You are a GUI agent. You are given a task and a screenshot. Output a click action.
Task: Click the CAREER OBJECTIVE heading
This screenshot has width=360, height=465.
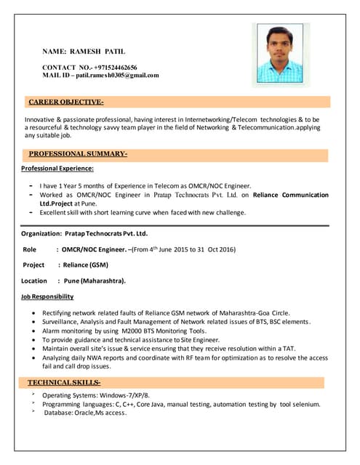click(x=65, y=102)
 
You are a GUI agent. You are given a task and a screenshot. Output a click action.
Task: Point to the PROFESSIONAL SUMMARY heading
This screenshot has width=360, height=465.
click(x=78, y=154)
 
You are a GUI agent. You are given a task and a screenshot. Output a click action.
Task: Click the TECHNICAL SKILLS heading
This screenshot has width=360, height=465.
click(x=64, y=381)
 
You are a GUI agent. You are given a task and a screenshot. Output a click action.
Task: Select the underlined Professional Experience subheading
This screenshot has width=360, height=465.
click(x=57, y=169)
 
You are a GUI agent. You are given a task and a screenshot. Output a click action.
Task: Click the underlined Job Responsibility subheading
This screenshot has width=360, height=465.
click(x=47, y=296)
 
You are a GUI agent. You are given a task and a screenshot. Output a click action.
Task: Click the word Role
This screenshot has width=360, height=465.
click(x=30, y=249)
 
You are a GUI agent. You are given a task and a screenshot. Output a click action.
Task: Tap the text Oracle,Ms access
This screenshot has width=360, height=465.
click(x=97, y=413)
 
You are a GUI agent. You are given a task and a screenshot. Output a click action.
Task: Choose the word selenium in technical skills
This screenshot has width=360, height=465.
click(x=305, y=404)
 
